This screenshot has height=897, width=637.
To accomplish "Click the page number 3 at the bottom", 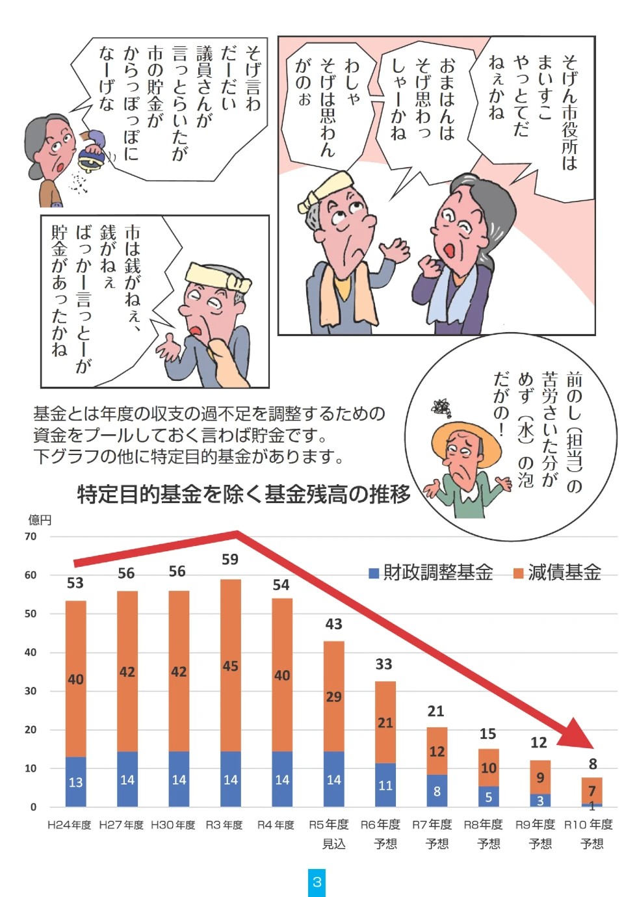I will click(317, 882).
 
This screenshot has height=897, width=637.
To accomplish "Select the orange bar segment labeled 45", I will click(231, 666).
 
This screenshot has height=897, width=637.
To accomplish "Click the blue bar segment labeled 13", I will click(76, 782).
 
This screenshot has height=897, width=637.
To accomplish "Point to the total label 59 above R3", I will click(230, 559).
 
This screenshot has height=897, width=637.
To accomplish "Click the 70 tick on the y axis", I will click(31, 536).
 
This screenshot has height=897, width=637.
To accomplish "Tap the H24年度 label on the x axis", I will click(70, 825).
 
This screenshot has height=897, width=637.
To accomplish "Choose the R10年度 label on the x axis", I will click(589, 825).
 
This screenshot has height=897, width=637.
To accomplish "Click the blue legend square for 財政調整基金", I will click(374, 573).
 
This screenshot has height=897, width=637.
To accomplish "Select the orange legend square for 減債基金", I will click(518, 573).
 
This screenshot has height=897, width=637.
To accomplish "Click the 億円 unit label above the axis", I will click(40, 520).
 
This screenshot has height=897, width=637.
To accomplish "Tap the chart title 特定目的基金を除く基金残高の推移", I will click(244, 494).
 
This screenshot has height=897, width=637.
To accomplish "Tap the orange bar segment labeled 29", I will click(334, 696).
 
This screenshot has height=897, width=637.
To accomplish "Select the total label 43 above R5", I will click(334, 624).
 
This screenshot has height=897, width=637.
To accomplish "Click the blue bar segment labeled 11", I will click(385, 785).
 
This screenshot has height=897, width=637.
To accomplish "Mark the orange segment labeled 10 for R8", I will click(489, 768).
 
